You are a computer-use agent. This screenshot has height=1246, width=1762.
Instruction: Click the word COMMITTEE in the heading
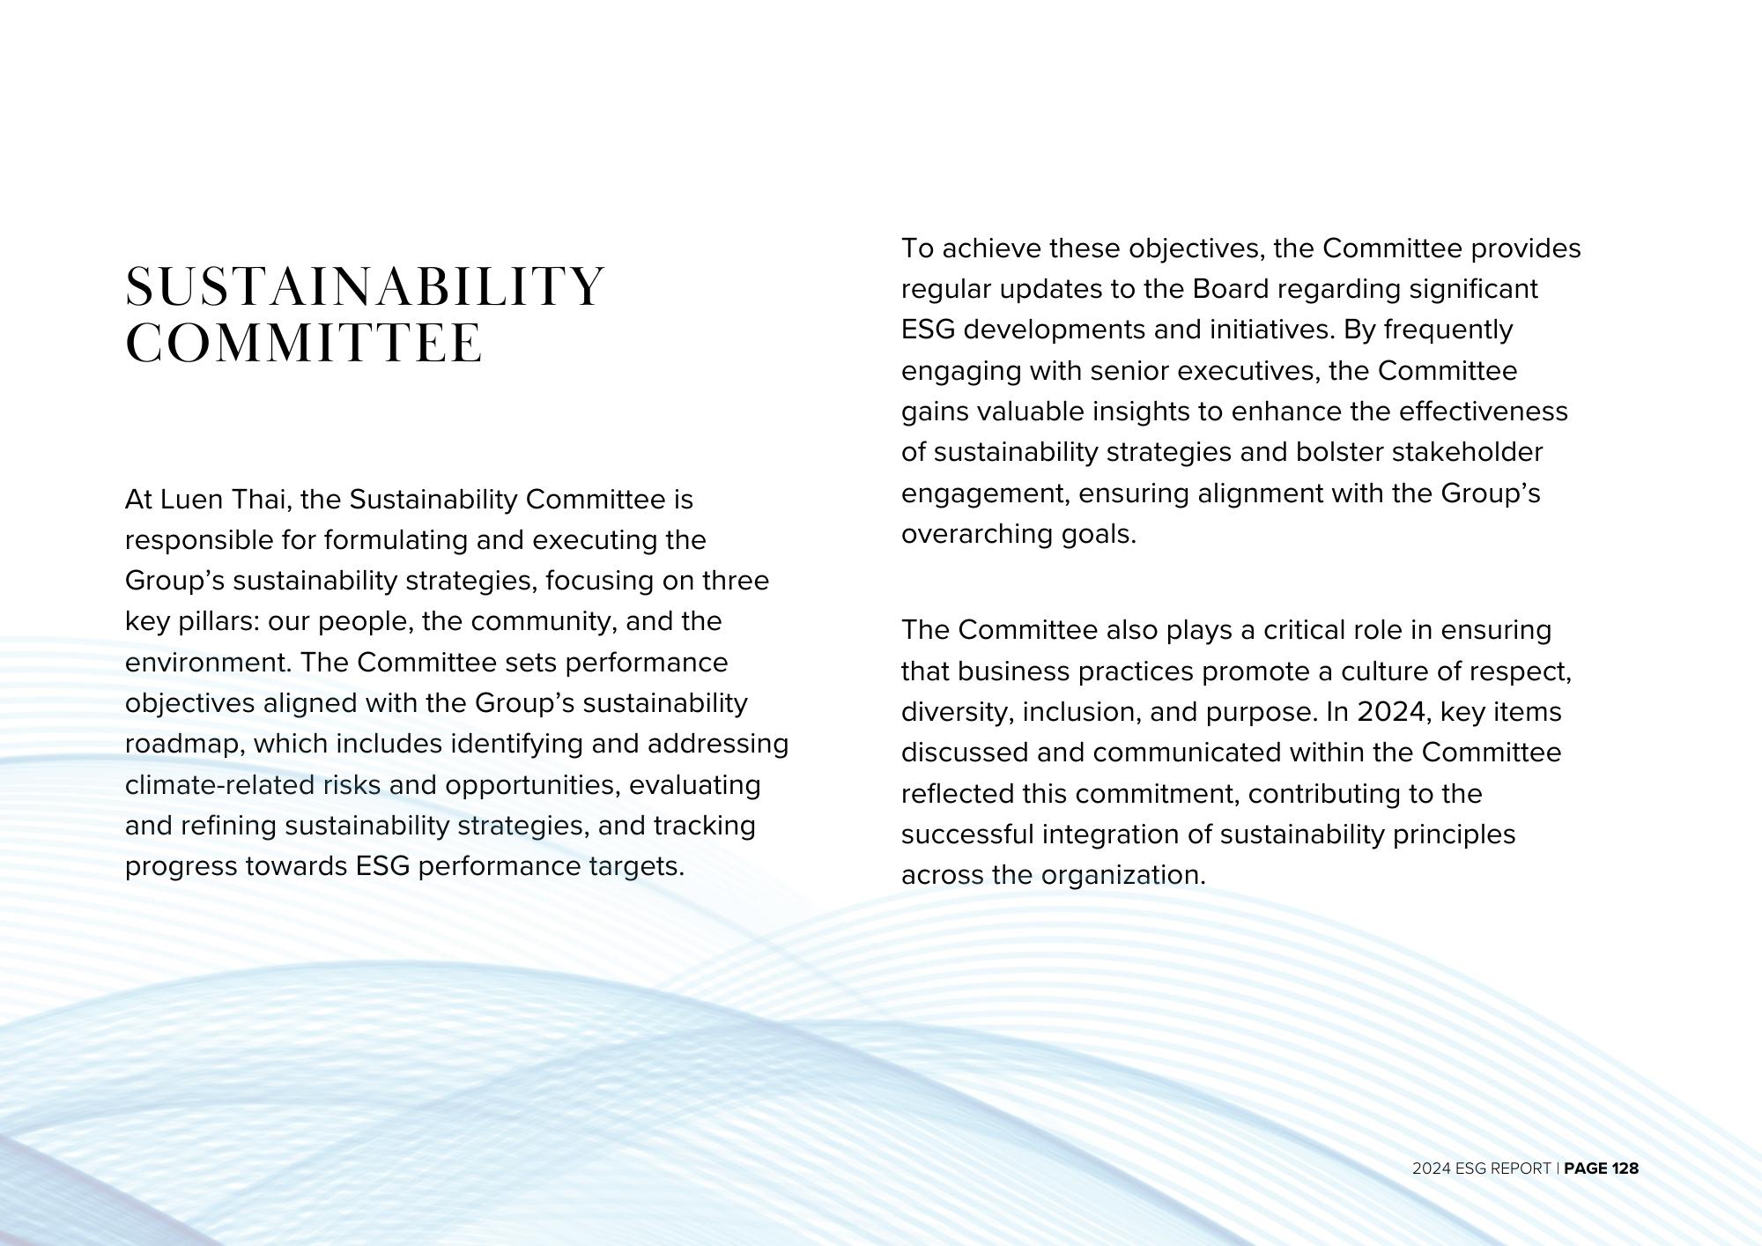tap(305, 343)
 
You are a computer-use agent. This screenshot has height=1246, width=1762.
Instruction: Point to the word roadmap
tap(186, 744)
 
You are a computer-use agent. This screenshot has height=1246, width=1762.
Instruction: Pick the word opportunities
tap(532, 784)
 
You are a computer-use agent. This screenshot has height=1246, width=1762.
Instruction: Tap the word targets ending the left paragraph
tap(635, 866)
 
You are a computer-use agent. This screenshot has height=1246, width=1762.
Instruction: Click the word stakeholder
tap(1467, 452)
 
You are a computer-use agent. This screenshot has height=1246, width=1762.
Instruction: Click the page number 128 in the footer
tap(1625, 1168)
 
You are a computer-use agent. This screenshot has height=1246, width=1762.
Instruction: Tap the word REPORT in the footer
tap(1520, 1168)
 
